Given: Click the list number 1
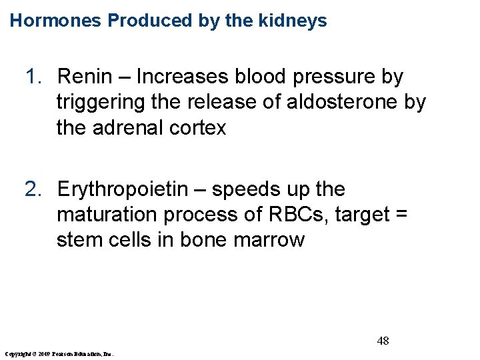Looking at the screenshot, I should tap(33, 77).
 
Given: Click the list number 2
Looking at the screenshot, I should tap(33, 190).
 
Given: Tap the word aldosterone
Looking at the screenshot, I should tap(333, 103).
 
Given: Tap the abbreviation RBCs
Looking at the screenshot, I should tap(293, 215).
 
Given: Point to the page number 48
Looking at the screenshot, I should tap(383, 341).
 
